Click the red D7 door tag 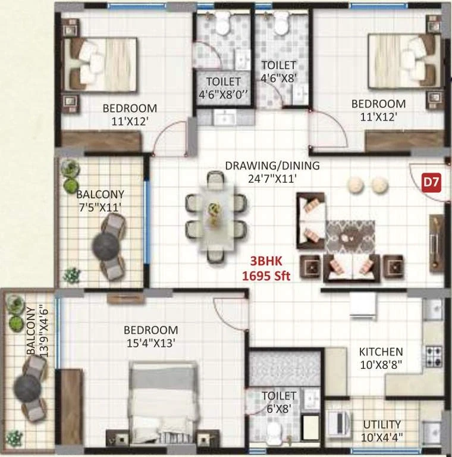click(432, 183)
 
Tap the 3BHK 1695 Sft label click(266, 268)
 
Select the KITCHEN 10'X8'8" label click(381, 358)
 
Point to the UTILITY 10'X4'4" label click(382, 431)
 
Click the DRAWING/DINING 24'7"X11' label click(272, 172)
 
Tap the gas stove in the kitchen click(434, 356)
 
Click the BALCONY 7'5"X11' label click(100, 201)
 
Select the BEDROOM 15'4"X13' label click(150, 336)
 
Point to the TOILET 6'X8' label click(279, 402)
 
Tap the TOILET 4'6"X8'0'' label click(223, 88)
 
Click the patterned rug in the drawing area click(350, 237)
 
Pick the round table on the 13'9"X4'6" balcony click(27, 388)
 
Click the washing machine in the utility click(338, 422)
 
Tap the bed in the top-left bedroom click(100, 64)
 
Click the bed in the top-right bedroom click(404, 61)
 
